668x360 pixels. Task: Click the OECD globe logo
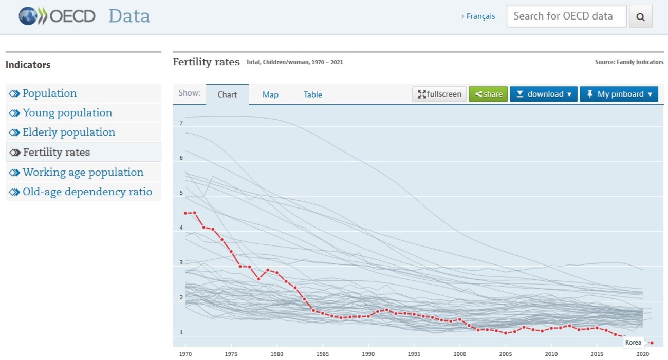[32, 16]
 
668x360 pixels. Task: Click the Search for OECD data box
[566, 16]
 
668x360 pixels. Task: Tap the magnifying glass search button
[640, 16]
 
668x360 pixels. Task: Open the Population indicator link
[49, 93]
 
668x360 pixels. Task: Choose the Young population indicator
[67, 113]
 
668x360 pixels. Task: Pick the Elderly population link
[69, 132]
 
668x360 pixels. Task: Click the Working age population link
[83, 173]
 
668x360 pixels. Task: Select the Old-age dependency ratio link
[87, 192]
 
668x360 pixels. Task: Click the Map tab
[270, 94]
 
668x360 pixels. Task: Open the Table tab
[312, 94]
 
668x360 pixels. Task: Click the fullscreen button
[439, 94]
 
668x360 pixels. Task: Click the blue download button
[544, 94]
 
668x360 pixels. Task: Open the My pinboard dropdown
[619, 94]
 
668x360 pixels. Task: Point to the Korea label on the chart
[634, 343]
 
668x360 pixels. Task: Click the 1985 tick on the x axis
[322, 354]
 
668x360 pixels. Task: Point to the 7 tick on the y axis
[181, 123]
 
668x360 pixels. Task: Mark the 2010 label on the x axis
[551, 354]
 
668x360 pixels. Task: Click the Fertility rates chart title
[206, 62]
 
